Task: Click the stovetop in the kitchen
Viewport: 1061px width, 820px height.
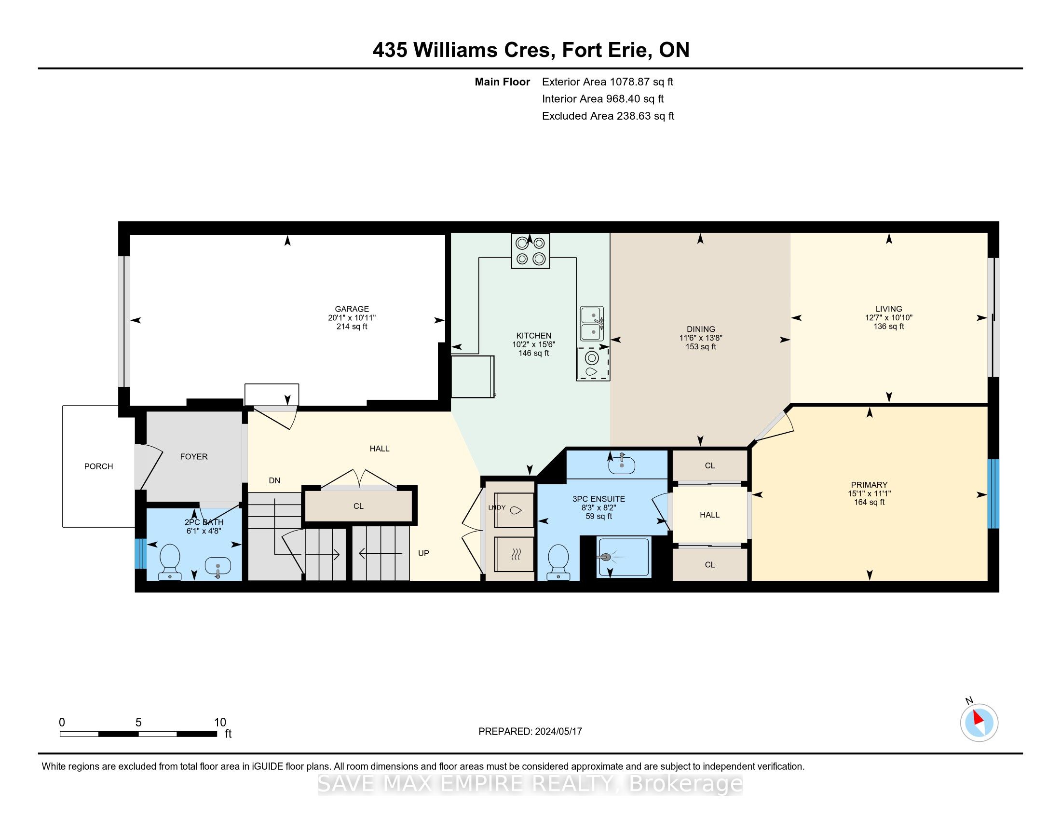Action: tap(530, 251)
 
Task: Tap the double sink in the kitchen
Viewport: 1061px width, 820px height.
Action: tap(592, 324)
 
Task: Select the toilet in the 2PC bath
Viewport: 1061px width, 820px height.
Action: tap(170, 561)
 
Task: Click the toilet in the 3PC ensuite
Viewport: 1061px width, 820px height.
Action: tap(558, 562)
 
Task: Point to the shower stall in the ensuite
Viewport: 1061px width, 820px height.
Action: tap(623, 557)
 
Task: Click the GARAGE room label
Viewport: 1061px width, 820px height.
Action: tap(352, 309)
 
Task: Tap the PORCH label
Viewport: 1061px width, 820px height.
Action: tap(98, 466)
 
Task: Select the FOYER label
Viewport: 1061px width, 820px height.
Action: tap(194, 457)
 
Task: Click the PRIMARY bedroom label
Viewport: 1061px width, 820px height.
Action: tap(869, 485)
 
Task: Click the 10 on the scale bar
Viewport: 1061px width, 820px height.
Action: tap(220, 723)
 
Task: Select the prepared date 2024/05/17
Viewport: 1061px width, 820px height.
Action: tap(558, 732)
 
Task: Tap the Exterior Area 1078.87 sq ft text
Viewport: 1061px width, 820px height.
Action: tap(608, 82)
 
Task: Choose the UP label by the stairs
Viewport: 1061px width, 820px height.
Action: tap(423, 553)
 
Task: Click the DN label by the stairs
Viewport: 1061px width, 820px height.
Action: tap(274, 480)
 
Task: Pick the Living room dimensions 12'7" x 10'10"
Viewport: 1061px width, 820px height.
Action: tap(888, 318)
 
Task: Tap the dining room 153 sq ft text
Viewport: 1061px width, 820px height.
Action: tap(701, 347)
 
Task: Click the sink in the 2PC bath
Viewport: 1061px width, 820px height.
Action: tap(218, 567)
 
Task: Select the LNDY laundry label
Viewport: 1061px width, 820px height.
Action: tap(497, 507)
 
